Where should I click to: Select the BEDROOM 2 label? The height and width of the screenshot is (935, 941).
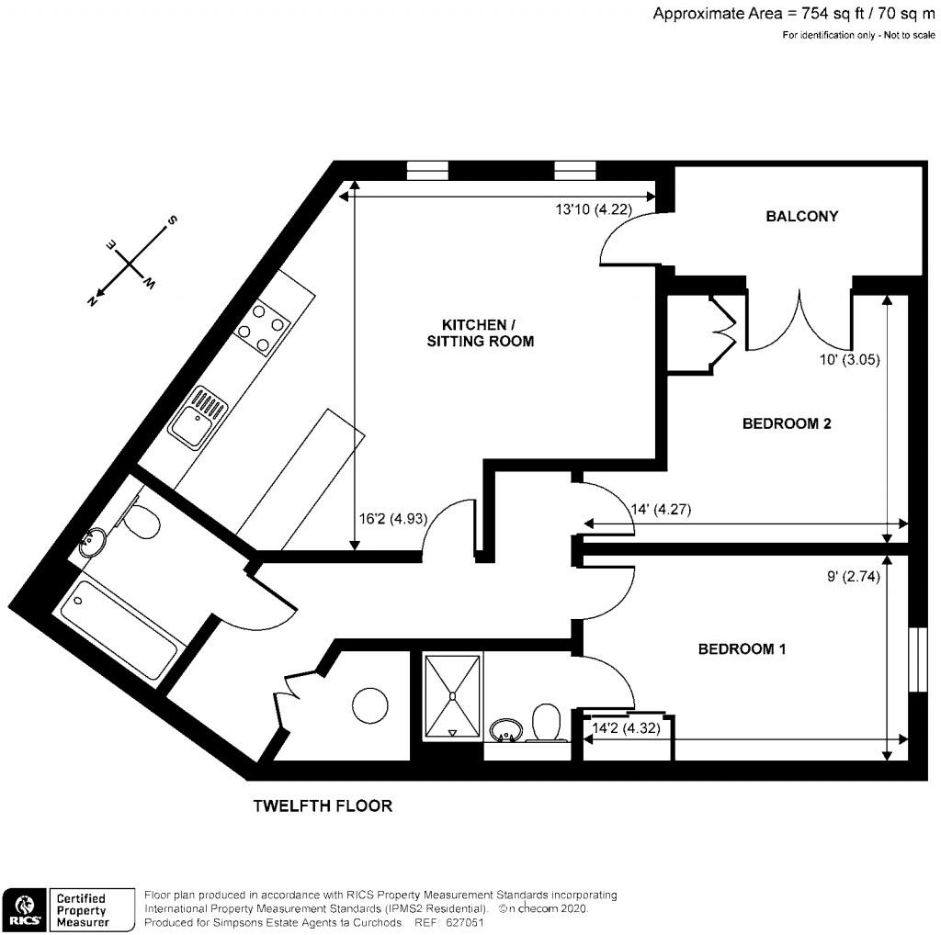click(787, 423)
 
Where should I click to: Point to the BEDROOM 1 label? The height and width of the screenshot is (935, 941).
click(742, 649)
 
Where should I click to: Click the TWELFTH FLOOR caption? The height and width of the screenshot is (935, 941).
click(323, 806)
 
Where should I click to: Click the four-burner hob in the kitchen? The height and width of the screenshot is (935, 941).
click(264, 328)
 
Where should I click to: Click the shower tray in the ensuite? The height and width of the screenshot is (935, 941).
click(451, 695)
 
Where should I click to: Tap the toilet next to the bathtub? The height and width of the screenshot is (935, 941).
click(142, 524)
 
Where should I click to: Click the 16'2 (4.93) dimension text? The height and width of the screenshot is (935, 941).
click(392, 518)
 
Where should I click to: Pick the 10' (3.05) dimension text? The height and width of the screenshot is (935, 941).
click(850, 360)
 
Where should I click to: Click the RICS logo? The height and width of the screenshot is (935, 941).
click(25, 907)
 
